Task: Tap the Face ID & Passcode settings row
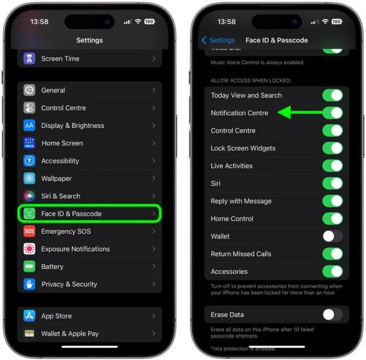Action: (x=89, y=214)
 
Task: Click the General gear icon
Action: (x=29, y=90)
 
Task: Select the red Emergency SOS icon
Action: (x=29, y=232)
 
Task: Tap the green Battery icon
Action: (x=29, y=266)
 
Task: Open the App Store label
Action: (x=57, y=316)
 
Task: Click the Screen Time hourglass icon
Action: (x=29, y=59)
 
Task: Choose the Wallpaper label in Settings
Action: (x=57, y=178)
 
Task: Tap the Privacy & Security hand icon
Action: (x=29, y=284)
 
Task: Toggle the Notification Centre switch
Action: (x=333, y=113)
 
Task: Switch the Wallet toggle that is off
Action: (x=333, y=236)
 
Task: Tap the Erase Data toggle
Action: (x=333, y=315)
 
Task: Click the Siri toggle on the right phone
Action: (x=333, y=183)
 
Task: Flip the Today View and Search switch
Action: (x=333, y=95)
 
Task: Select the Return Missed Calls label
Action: (x=241, y=254)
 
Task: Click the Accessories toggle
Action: (x=333, y=271)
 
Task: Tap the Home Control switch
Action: (x=333, y=219)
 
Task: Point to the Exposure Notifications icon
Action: (x=29, y=249)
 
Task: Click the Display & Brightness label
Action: (x=73, y=126)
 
